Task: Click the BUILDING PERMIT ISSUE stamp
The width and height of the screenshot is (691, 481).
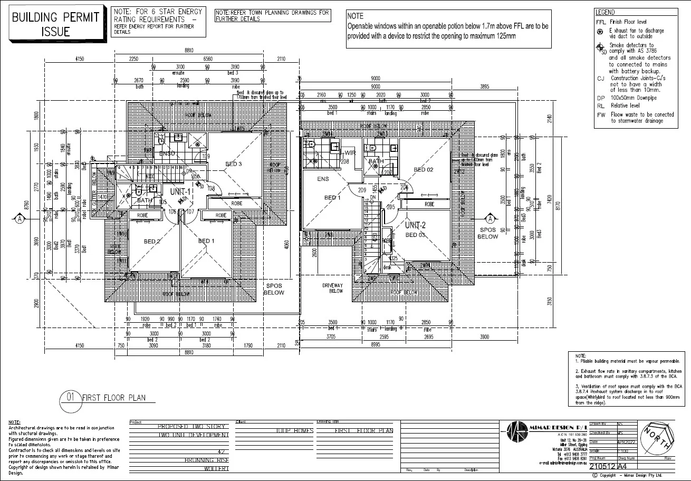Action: coord(55,24)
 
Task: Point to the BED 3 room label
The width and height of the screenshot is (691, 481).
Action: coord(234,164)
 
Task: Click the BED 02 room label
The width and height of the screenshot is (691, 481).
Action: coord(423,170)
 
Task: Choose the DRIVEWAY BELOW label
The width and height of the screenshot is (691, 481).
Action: coord(333,288)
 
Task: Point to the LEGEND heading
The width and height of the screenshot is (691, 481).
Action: coord(604,12)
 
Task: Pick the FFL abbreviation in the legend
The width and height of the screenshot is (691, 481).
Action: coord(600,22)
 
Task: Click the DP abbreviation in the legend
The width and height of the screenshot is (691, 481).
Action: coord(600,98)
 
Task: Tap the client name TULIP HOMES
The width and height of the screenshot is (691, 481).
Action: coord(294,431)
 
